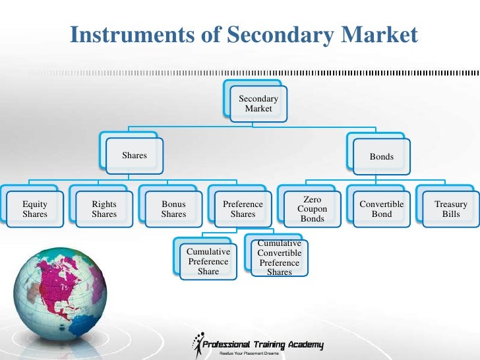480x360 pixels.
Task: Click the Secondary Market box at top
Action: pyautogui.click(x=258, y=104)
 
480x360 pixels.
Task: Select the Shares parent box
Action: pyautogui.click(x=135, y=156)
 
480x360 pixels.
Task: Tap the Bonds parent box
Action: pyautogui.click(x=382, y=157)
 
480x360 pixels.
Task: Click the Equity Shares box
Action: pyautogui.click(x=35, y=209)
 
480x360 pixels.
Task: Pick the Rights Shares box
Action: pyautogui.click(x=104, y=209)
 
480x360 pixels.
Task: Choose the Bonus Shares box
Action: pyautogui.click(x=174, y=209)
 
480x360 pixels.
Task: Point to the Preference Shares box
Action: pyautogui.click(x=243, y=209)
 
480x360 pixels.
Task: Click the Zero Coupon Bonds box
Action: pyautogui.click(x=313, y=209)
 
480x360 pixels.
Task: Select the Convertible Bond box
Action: pyautogui.click(x=382, y=209)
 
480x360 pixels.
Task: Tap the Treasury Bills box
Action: pyautogui.click(x=451, y=209)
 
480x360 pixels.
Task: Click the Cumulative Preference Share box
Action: pyautogui.click(x=208, y=261)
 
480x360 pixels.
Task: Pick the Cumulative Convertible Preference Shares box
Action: pyautogui.click(x=280, y=258)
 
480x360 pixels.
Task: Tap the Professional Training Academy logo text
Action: pyautogui.click(x=262, y=345)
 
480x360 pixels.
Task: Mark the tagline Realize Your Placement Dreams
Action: pyautogui.click(x=249, y=354)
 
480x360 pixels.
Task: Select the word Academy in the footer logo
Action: pyautogui.click(x=305, y=345)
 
